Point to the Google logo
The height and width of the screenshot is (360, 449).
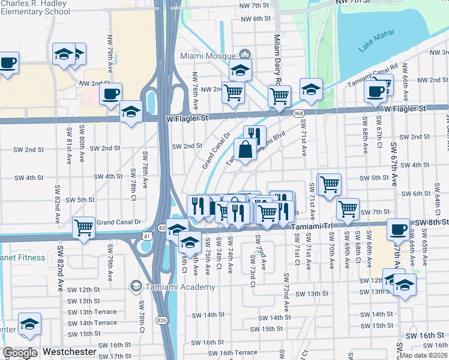pos(20,353)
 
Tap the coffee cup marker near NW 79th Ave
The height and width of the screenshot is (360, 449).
pos(111,94)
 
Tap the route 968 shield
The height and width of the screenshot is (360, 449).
pos(298,113)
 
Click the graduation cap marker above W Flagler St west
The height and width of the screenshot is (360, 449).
pos(130,112)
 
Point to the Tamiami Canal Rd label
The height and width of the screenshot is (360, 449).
pos(373,77)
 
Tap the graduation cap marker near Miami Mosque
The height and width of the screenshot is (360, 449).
pos(240,70)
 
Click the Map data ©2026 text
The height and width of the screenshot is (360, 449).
pos(423,355)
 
